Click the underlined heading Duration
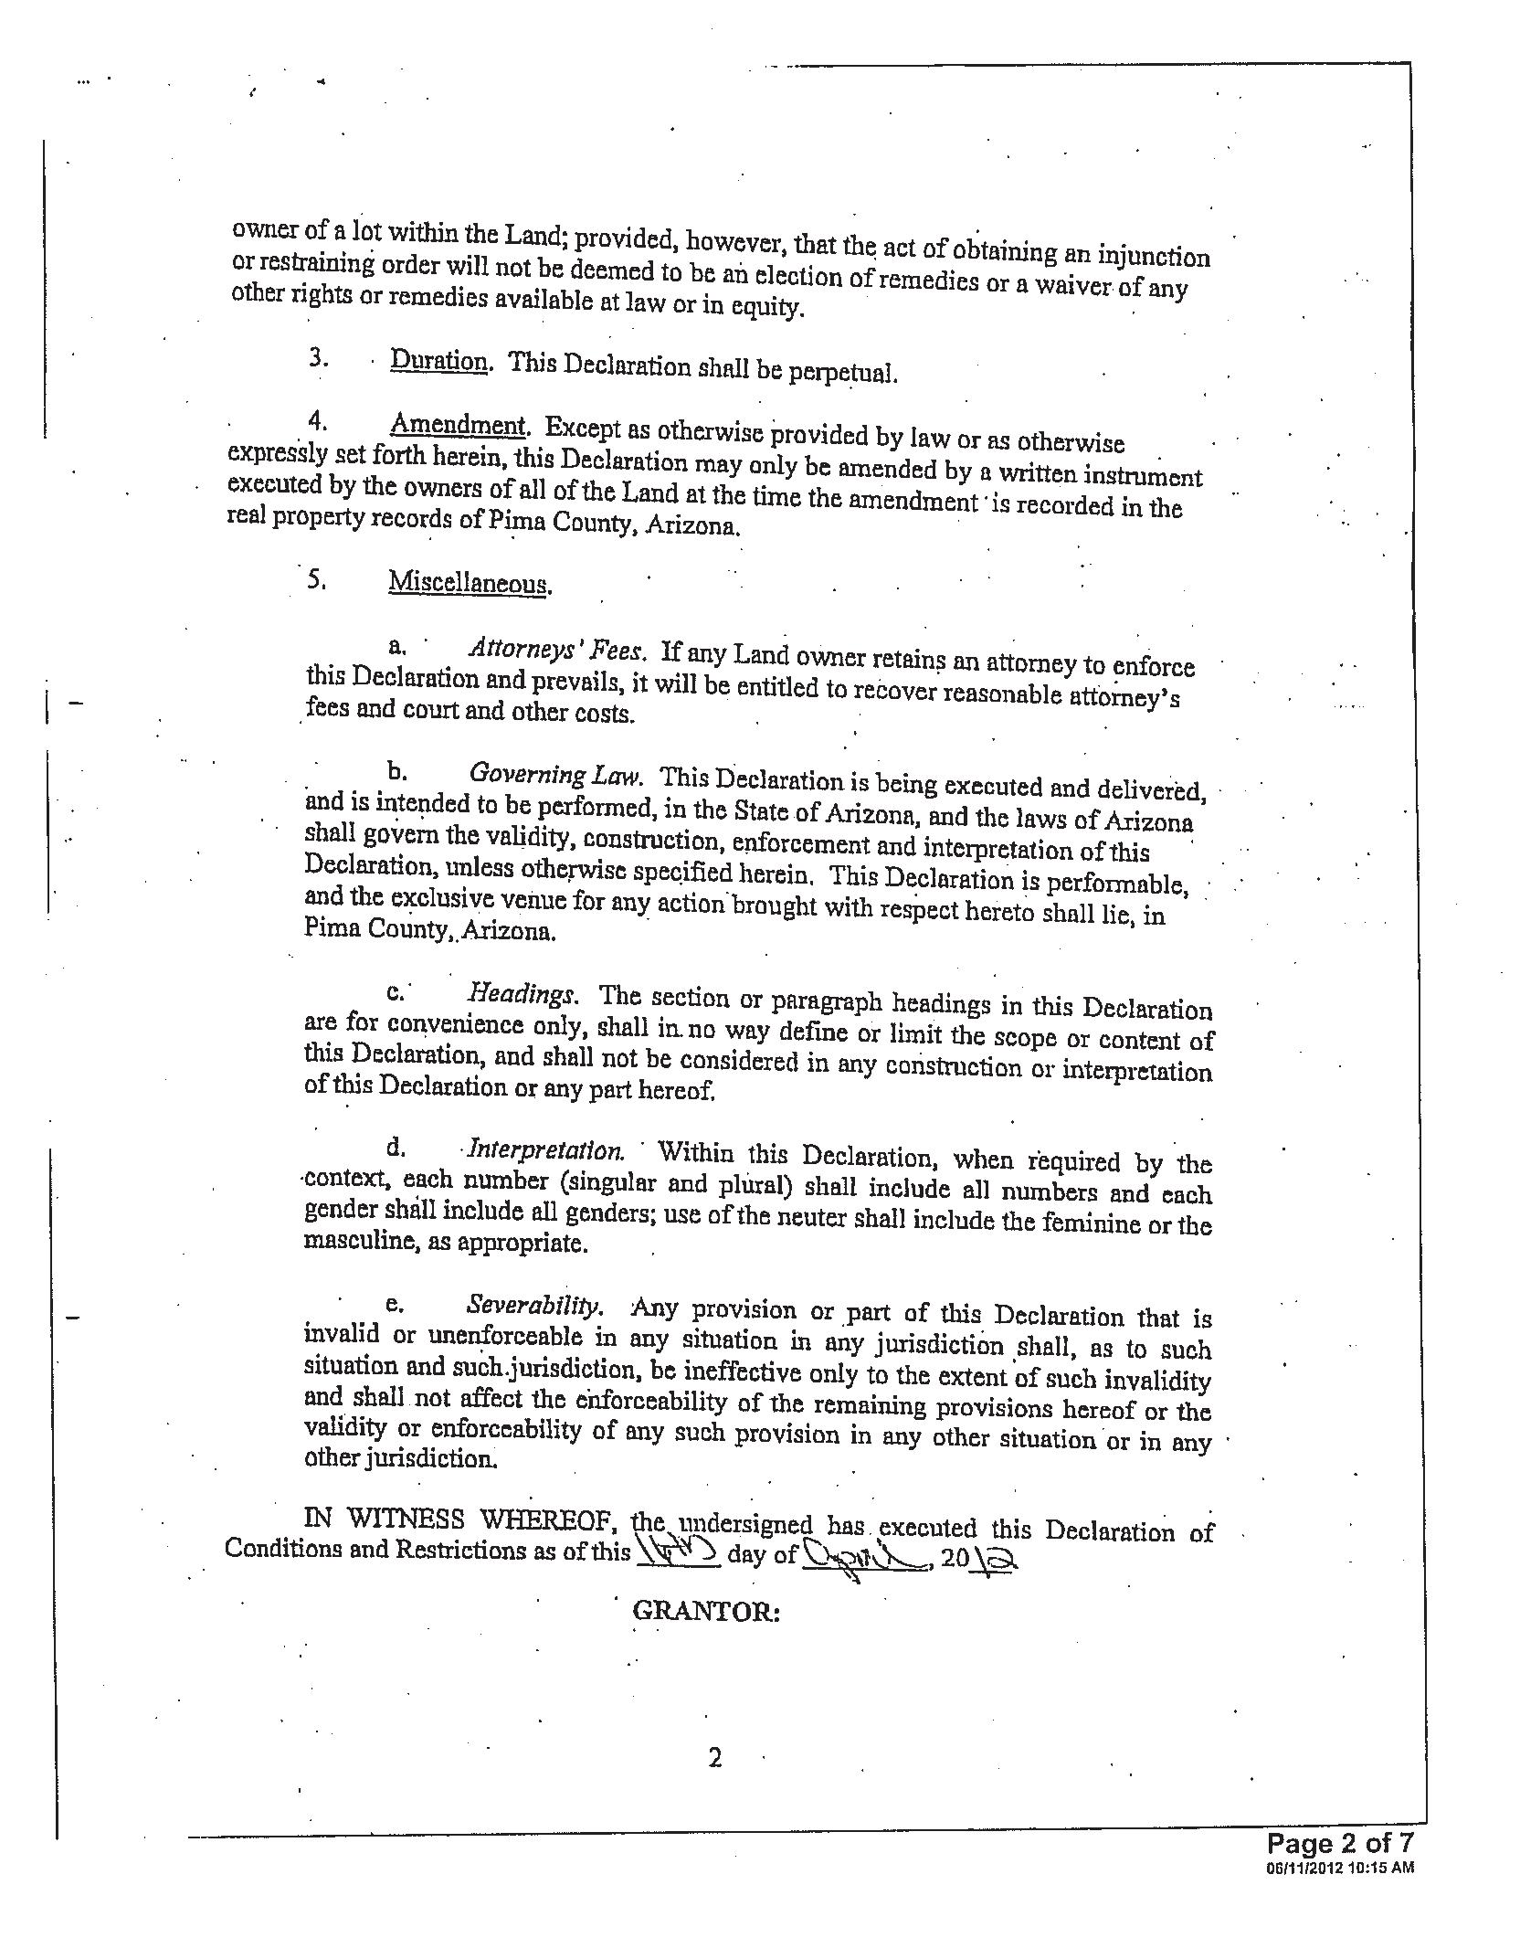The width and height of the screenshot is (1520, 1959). pyautogui.click(x=439, y=361)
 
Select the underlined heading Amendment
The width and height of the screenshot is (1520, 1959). pyautogui.click(x=458, y=426)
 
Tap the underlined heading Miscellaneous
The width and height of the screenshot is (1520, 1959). pyautogui.click(x=470, y=582)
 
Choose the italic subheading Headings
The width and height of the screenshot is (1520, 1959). pyautogui.click(x=522, y=994)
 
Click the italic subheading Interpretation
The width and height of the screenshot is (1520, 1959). pyautogui.click(x=545, y=1149)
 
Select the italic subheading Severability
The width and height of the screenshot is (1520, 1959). pyautogui.click(x=534, y=1305)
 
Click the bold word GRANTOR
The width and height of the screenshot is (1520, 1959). pyautogui.click(x=705, y=1611)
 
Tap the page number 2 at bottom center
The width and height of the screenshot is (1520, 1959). pyautogui.click(x=715, y=1757)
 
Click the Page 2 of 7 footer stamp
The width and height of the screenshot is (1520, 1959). pyautogui.click(x=1339, y=1843)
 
